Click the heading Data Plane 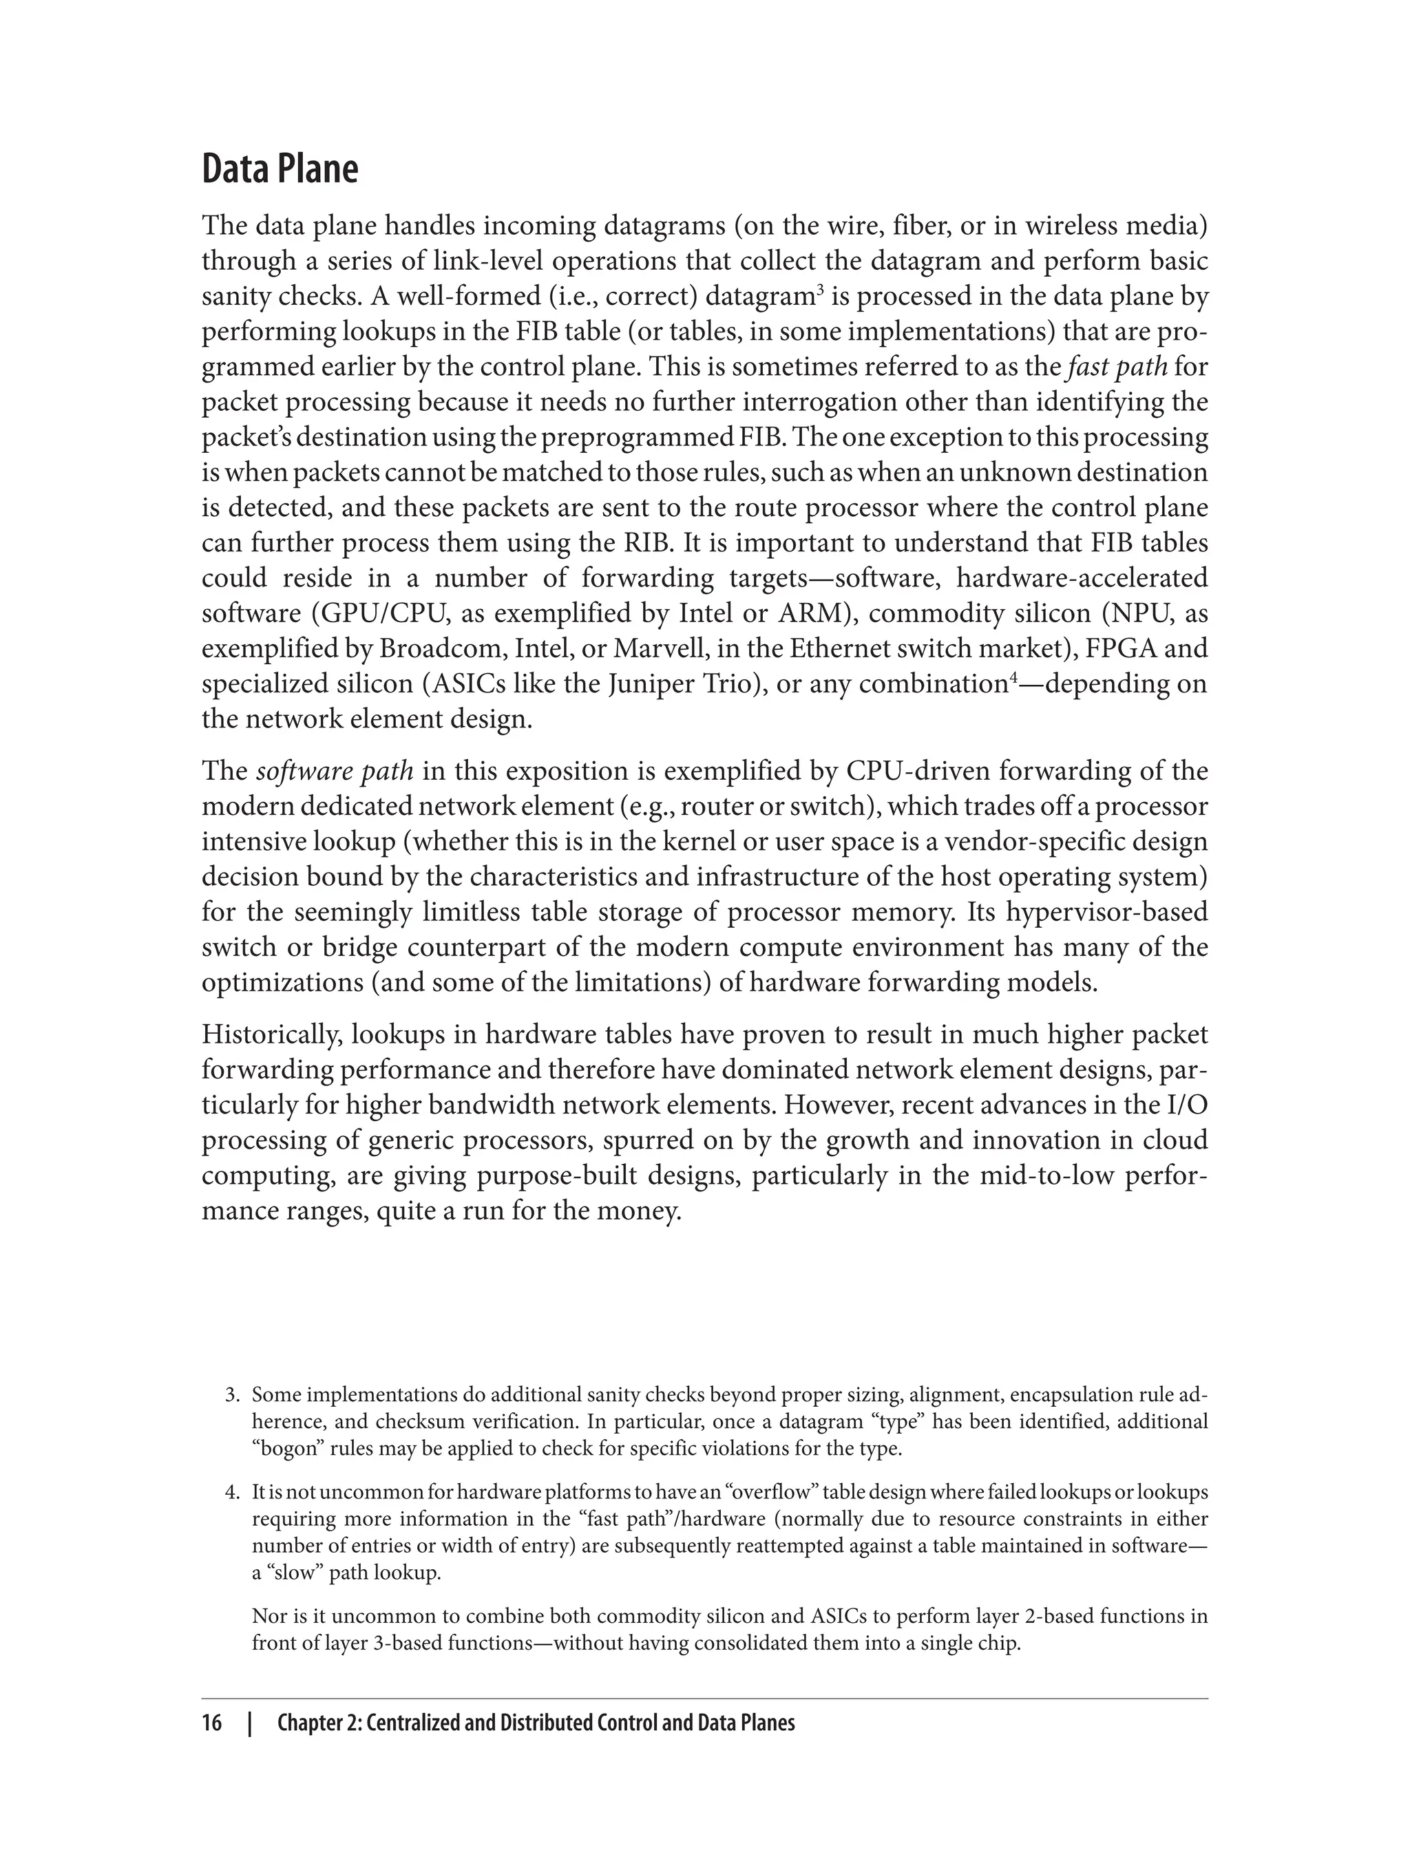[x=280, y=169]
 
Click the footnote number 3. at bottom [x=233, y=1395]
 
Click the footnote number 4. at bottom [x=233, y=1493]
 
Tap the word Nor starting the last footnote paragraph [x=269, y=1617]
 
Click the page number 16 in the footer [x=211, y=1723]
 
